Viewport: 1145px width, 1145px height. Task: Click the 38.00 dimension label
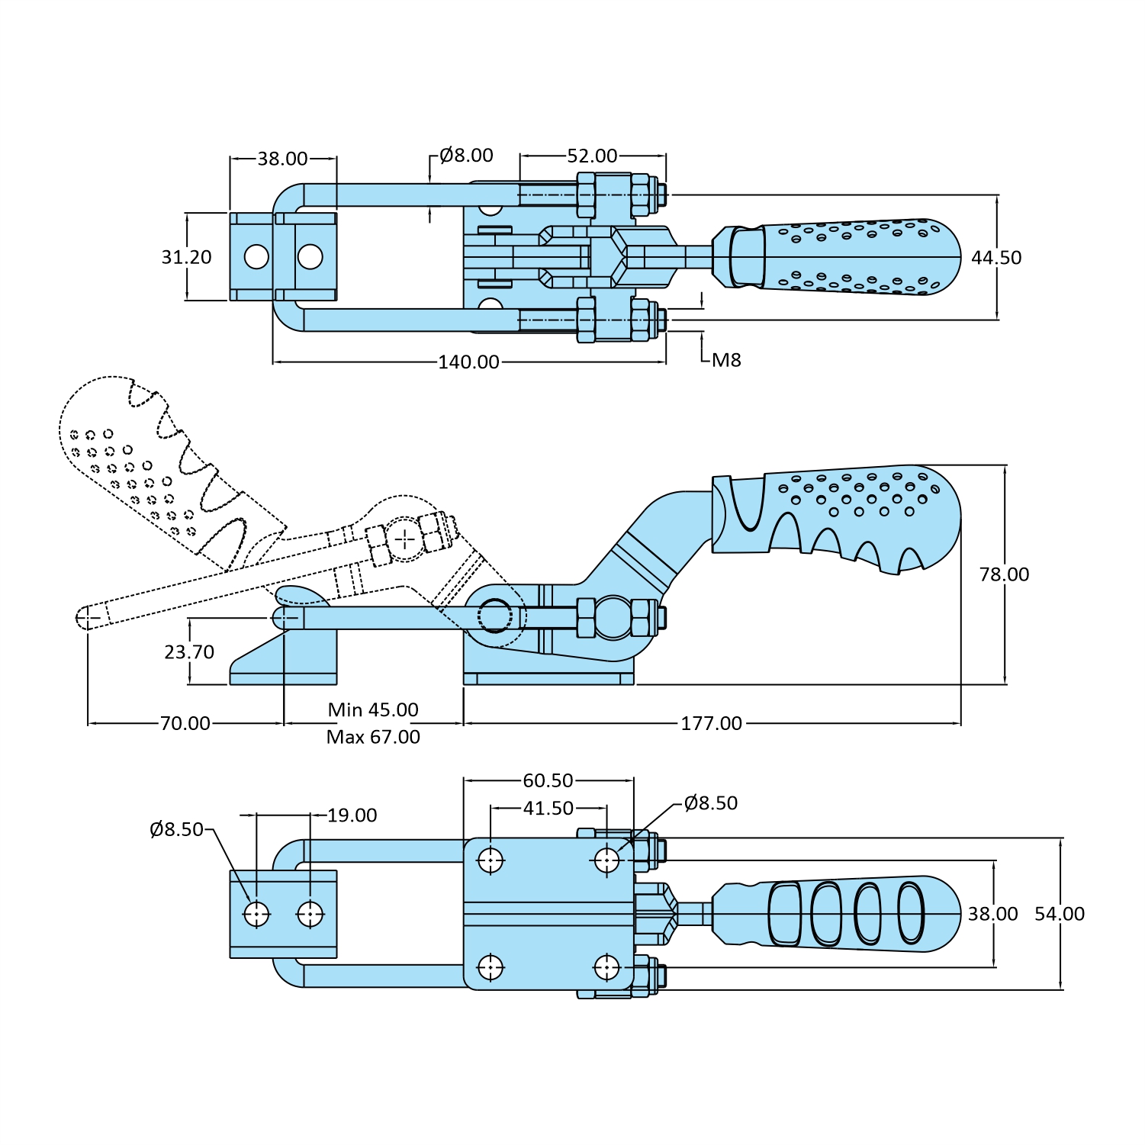point(282,159)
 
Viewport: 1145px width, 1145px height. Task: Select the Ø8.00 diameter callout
point(466,156)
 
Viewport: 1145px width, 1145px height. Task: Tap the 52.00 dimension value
point(592,156)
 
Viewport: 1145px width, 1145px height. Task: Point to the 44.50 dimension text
point(996,258)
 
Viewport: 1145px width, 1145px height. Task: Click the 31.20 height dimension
point(186,258)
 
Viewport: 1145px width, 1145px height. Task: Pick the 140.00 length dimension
point(468,362)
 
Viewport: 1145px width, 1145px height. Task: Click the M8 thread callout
point(726,360)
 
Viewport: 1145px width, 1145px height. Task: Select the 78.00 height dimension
point(1004,574)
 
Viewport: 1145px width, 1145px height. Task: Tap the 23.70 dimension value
point(189,652)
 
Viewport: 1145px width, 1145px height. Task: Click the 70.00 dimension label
point(185,723)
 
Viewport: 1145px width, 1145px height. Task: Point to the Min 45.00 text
point(373,710)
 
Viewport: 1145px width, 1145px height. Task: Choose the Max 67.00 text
point(373,737)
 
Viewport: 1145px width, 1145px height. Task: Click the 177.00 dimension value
point(711,723)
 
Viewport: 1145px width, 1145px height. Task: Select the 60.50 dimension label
point(548,781)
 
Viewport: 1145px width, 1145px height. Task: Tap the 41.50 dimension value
point(548,809)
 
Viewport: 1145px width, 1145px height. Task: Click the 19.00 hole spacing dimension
point(352,815)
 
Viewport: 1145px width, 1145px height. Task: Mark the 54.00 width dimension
point(1060,914)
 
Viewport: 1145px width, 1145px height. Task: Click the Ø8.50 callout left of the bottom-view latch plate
point(177,829)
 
